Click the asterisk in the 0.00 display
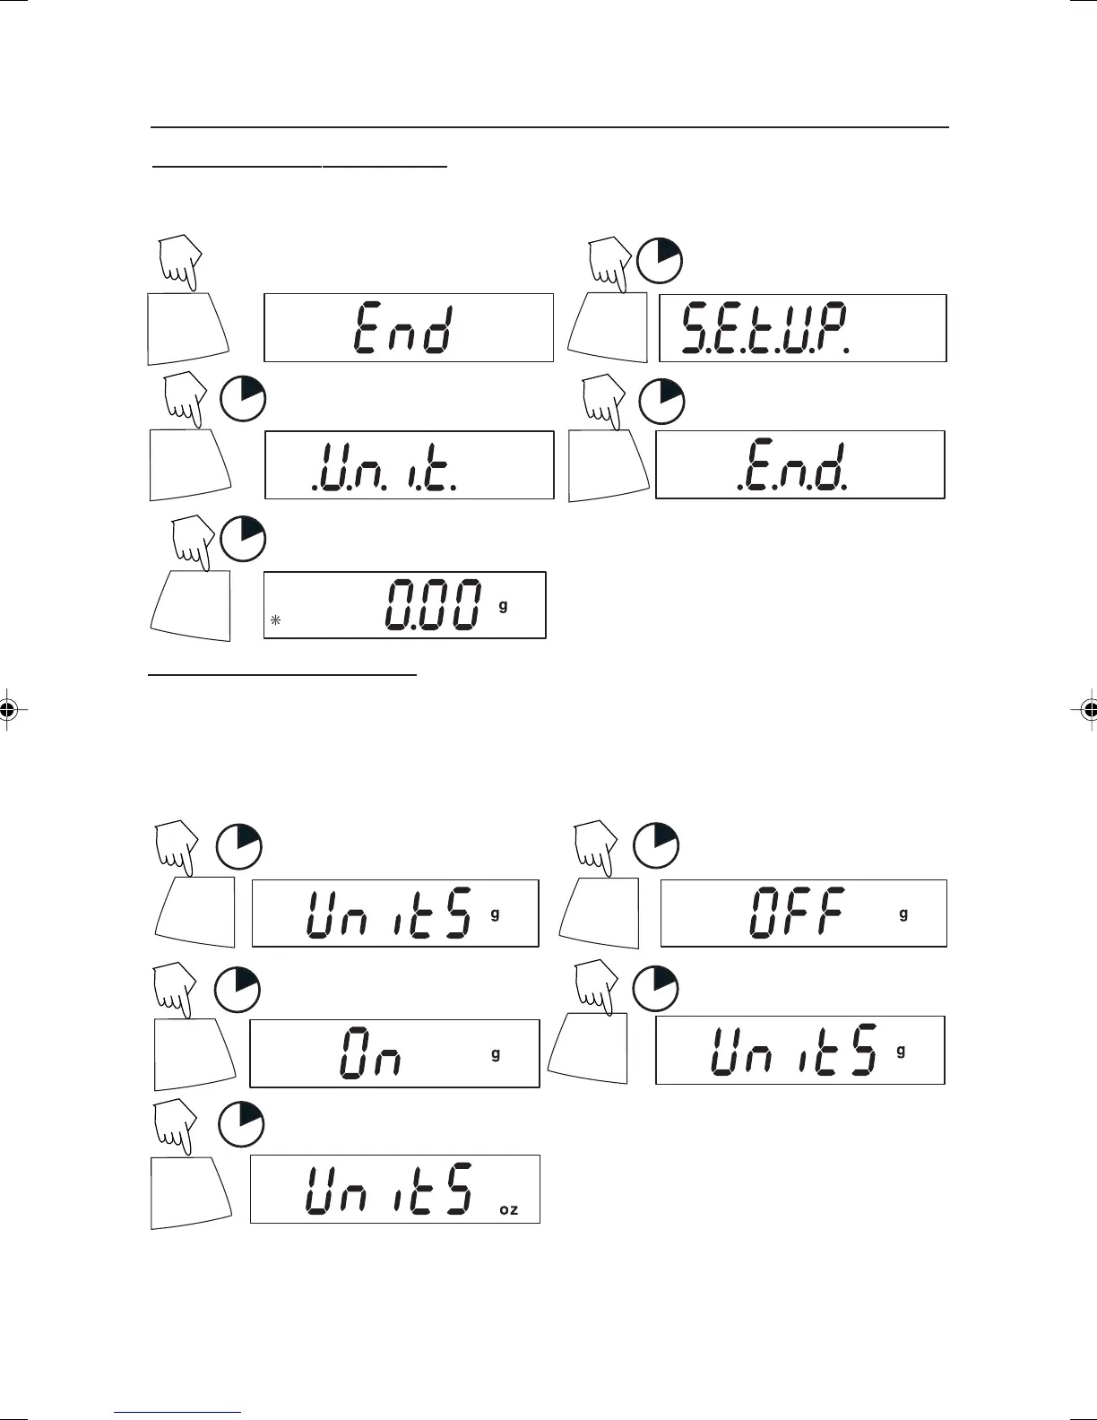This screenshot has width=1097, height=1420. [276, 619]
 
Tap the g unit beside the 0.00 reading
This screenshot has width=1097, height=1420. [503, 605]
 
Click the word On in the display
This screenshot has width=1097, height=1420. [371, 1054]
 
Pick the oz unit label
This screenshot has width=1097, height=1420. [508, 1209]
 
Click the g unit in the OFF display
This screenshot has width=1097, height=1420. [903, 913]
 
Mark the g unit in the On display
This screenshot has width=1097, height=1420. [496, 1053]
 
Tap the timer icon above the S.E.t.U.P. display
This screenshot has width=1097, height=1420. [660, 260]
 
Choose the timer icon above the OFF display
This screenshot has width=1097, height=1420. [656, 844]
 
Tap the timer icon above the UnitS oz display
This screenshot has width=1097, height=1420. [241, 1124]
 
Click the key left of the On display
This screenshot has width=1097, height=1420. [194, 1053]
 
